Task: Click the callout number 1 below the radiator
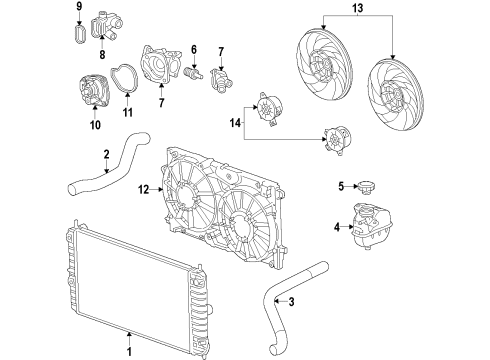[x=129, y=350]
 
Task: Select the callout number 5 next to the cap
[x=340, y=186]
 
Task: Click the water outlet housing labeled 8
[x=110, y=25]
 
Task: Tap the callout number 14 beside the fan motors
[x=235, y=122]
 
